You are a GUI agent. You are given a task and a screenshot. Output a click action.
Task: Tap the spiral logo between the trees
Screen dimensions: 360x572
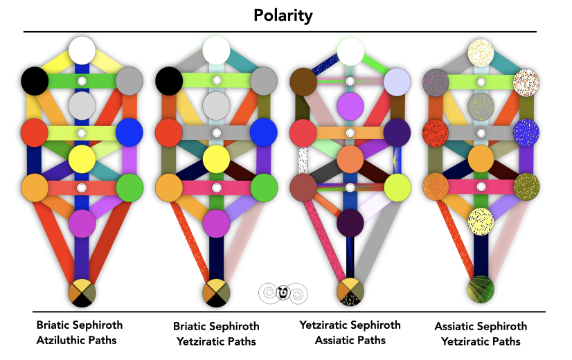pyautogui.click(x=283, y=293)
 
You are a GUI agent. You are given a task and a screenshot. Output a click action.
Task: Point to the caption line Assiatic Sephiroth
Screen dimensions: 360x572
pyautogui.click(x=481, y=326)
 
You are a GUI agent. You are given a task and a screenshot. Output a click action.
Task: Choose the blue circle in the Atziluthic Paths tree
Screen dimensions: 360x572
pyautogui.click(x=129, y=131)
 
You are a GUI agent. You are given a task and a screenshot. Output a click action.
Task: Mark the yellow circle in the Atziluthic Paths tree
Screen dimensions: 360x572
pyautogui.click(x=82, y=159)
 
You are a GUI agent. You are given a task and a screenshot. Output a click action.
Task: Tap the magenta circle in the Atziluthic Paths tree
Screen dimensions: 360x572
pyautogui.click(x=82, y=222)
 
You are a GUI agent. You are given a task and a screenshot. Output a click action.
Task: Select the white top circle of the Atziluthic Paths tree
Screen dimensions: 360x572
pyautogui.click(x=82, y=51)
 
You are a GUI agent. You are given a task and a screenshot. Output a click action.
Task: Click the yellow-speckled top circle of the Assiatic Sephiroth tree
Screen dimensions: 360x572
pyautogui.click(x=481, y=51)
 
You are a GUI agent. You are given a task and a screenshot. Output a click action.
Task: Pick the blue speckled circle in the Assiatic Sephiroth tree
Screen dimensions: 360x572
pyautogui.click(x=526, y=132)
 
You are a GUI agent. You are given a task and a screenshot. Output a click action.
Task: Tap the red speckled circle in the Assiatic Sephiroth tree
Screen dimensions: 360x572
pyautogui.click(x=436, y=132)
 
